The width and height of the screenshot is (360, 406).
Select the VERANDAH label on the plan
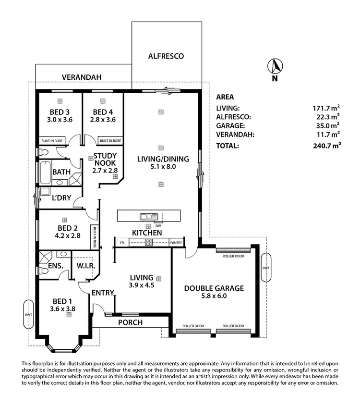point(81,77)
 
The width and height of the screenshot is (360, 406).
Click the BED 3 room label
point(60,112)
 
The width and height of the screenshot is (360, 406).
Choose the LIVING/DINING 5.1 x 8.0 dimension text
point(163,167)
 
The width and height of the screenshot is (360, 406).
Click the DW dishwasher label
point(158,226)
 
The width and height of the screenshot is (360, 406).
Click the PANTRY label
point(177,243)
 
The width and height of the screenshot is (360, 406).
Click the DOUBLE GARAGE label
point(215,288)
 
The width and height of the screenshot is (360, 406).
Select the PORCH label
point(130,322)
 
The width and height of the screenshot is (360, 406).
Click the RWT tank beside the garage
point(265,269)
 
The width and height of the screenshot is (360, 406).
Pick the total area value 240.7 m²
point(327,145)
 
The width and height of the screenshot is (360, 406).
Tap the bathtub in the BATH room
point(45,172)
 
